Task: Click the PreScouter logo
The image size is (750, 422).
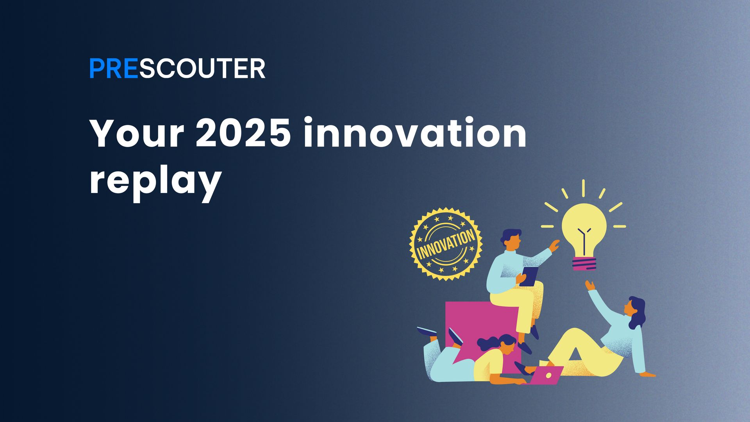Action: point(177,69)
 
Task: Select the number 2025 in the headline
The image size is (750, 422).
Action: point(243,134)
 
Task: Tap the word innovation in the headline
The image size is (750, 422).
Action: point(415,134)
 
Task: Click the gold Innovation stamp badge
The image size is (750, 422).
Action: point(446,244)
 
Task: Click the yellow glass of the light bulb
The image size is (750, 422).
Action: point(584,227)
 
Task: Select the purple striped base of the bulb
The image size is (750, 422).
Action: point(584,264)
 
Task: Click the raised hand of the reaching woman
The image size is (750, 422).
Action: point(589,285)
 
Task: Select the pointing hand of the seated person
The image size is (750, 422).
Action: point(554,245)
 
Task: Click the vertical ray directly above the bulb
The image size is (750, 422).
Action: point(583,188)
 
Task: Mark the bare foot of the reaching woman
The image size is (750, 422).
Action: point(648,374)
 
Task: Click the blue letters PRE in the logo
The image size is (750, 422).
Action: point(113,69)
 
